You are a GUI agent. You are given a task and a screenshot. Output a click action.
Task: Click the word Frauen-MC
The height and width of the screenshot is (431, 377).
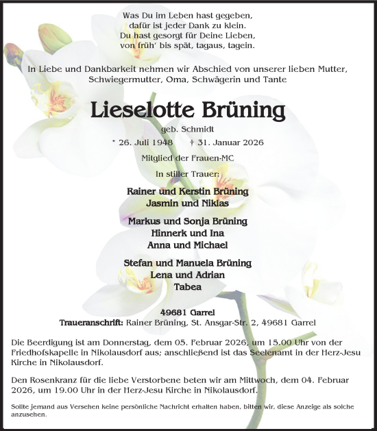208,159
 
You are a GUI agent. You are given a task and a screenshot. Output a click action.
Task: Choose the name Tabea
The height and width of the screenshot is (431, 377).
187,286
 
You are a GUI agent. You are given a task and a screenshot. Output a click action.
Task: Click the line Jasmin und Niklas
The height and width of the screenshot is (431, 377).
187,204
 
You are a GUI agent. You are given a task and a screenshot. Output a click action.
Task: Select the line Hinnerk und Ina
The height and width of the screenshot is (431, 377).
187,233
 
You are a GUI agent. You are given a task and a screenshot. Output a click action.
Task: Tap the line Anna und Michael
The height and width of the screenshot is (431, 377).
187,245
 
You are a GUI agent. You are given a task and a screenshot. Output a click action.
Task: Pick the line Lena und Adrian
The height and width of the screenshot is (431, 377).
187,275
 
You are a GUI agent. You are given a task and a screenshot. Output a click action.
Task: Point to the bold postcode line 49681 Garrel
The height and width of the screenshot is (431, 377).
187,312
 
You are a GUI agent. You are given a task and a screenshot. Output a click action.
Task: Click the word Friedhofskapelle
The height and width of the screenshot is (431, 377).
45,352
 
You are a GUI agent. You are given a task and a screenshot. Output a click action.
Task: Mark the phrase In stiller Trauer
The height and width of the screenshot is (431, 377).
187,174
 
